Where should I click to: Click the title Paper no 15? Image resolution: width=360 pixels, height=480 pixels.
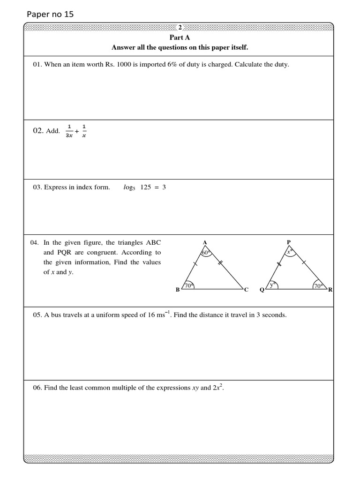point(51,14)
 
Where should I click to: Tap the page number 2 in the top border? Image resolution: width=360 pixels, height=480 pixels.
point(180,28)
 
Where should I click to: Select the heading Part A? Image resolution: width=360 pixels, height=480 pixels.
point(180,37)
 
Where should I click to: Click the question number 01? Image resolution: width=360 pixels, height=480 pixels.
point(37,65)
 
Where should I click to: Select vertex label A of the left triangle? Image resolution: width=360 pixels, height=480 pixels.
point(205,242)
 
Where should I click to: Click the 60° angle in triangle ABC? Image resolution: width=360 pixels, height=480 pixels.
point(205,253)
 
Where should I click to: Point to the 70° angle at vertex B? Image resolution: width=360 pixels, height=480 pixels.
point(188,285)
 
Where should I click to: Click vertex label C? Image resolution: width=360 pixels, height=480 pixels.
point(246,290)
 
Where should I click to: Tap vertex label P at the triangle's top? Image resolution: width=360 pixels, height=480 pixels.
point(289,242)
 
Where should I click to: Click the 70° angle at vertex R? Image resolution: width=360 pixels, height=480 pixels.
point(318,285)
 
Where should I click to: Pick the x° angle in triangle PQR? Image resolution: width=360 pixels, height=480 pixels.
point(289,252)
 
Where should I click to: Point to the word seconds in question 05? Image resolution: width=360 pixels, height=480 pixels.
point(274,315)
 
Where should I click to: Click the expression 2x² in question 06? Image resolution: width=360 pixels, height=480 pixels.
point(218,388)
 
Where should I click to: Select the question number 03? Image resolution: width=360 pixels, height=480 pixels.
point(37,187)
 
